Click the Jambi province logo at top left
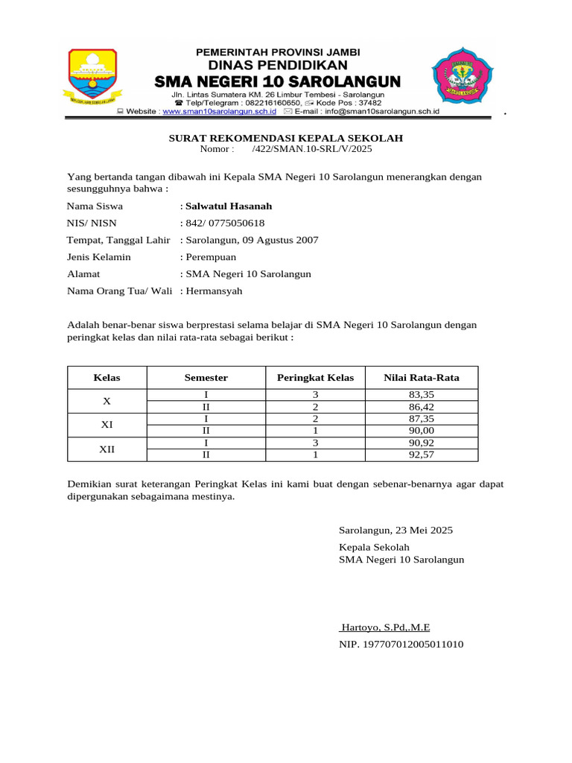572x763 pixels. [x=93, y=77]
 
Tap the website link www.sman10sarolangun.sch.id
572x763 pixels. [x=220, y=111]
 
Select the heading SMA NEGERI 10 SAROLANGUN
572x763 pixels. [x=277, y=80]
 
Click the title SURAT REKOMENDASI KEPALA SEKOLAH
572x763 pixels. [x=286, y=138]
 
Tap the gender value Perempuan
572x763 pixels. [x=212, y=257]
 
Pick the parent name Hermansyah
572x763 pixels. [x=214, y=291]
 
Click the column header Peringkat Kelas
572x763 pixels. [x=316, y=378]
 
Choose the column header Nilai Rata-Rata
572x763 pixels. [x=422, y=378]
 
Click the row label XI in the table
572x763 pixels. [x=107, y=425]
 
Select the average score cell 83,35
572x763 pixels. [x=422, y=395]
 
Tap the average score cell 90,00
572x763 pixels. [x=422, y=431]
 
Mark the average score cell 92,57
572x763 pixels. [x=422, y=455]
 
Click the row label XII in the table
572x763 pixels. [x=107, y=449]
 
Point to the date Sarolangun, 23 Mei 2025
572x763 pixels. [x=395, y=531]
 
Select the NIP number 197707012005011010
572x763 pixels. [x=401, y=644]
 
